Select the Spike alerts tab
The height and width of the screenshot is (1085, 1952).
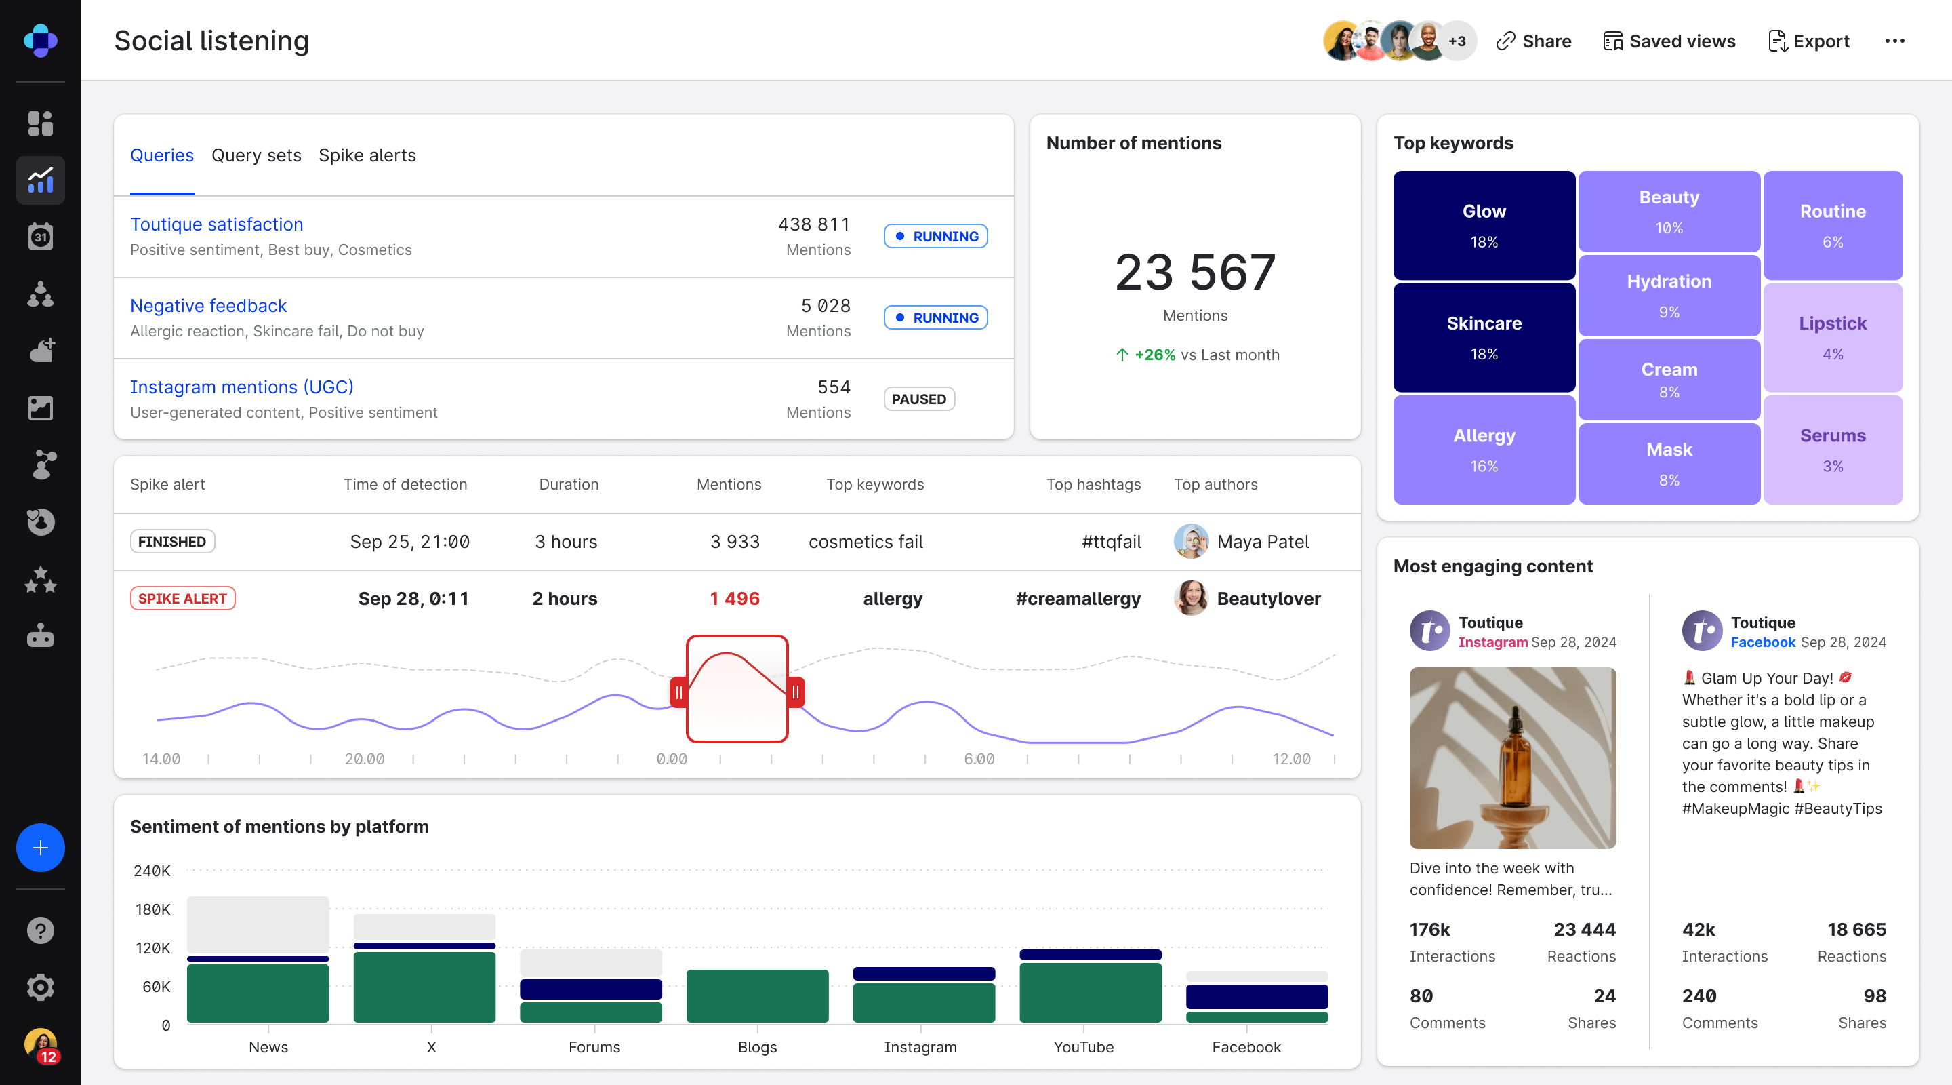(x=367, y=155)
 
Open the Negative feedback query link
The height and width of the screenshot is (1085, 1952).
(x=208, y=306)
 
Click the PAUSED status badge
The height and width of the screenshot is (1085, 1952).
(x=918, y=399)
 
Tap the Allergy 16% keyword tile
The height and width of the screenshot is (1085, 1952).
(x=1484, y=450)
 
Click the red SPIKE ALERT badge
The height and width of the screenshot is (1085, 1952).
(x=182, y=598)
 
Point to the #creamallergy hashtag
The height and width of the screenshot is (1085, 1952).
(x=1078, y=598)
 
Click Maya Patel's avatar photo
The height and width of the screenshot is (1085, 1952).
(x=1190, y=541)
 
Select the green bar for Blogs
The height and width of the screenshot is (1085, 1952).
(x=757, y=995)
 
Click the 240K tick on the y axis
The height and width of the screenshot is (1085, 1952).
(x=152, y=871)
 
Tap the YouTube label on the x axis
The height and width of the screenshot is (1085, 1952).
(x=1083, y=1047)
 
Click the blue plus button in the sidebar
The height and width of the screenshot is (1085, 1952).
(x=40, y=847)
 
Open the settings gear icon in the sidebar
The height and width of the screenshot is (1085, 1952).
(x=40, y=987)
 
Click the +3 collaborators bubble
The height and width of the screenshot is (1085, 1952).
(x=1457, y=41)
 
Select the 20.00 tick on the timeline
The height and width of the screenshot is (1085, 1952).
(x=365, y=759)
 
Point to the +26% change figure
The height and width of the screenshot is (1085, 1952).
(x=1155, y=355)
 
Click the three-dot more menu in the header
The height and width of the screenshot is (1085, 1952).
(x=1894, y=41)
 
